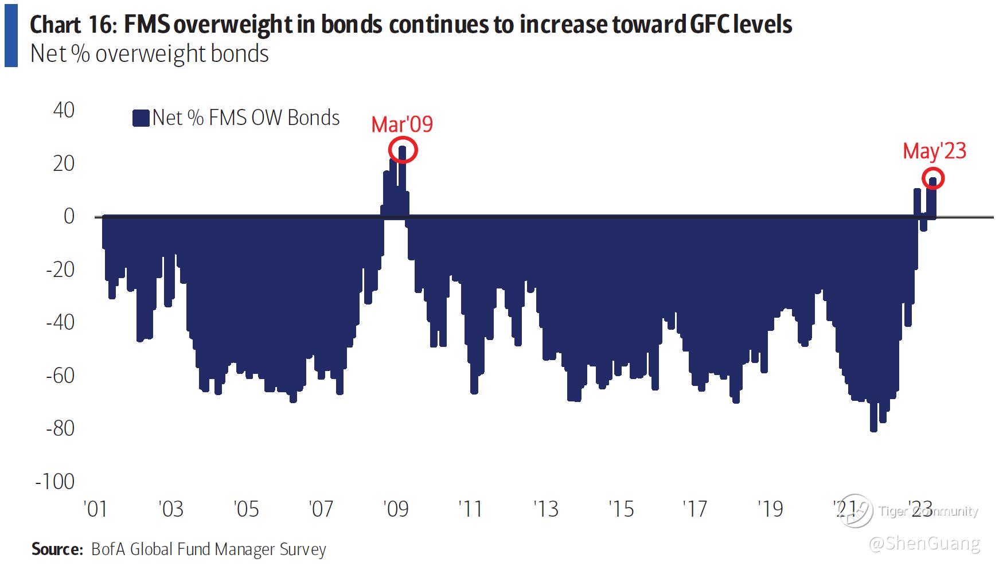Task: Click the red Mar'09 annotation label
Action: (401, 124)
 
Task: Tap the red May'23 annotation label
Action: (934, 151)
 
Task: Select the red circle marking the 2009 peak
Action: (403, 150)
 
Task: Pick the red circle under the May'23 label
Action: (933, 179)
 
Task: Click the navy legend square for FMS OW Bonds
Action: (141, 118)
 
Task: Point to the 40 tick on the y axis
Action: (64, 110)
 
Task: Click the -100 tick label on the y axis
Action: (55, 481)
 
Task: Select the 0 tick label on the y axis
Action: (69, 216)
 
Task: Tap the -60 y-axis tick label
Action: (60, 376)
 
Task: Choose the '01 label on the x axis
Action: (95, 509)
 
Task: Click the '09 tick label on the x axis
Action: (396, 509)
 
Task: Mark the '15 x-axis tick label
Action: (621, 509)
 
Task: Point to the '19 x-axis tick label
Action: (770, 509)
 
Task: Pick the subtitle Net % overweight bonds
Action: (149, 54)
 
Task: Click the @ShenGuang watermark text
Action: (924, 543)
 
